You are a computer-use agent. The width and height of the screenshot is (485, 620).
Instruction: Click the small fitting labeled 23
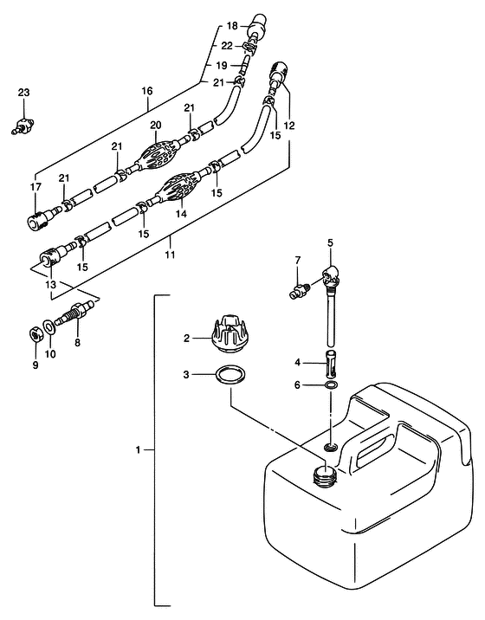click(23, 126)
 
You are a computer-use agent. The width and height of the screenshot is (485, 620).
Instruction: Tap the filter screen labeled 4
click(331, 364)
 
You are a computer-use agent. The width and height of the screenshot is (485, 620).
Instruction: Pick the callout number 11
click(170, 255)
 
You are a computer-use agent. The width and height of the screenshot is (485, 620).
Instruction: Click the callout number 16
click(146, 91)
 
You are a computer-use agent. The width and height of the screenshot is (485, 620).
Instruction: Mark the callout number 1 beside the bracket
click(138, 450)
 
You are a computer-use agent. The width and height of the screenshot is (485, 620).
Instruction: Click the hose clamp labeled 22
click(249, 48)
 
